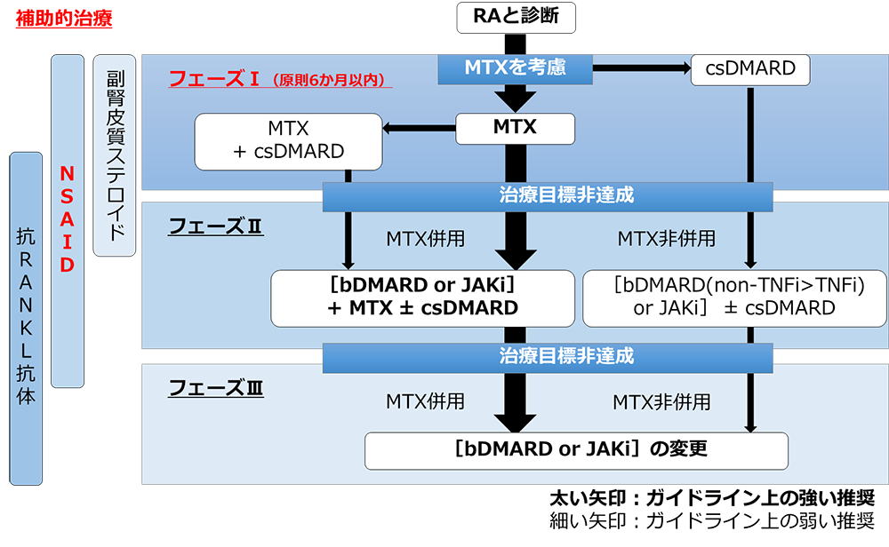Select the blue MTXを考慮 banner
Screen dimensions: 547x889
[x=516, y=67]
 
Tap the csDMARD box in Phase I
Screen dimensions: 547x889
[x=750, y=68]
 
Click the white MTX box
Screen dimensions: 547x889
[x=515, y=127]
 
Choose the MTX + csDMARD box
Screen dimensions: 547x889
[x=287, y=140]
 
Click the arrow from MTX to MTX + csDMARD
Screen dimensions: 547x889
[x=420, y=128]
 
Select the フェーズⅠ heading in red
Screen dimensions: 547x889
[x=213, y=79]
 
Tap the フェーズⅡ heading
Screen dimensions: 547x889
[x=215, y=226]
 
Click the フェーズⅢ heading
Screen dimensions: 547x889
[x=215, y=388]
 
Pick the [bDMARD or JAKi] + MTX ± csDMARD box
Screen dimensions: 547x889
[x=422, y=297]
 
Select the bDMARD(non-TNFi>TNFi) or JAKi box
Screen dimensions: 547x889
[x=733, y=297]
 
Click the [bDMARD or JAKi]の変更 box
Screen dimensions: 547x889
[x=576, y=449]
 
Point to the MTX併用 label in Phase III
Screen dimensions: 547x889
[x=425, y=401]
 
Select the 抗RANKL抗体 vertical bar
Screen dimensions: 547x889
[x=26, y=317]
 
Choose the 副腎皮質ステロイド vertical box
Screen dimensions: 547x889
[x=114, y=155]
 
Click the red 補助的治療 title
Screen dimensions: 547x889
[x=64, y=18]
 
